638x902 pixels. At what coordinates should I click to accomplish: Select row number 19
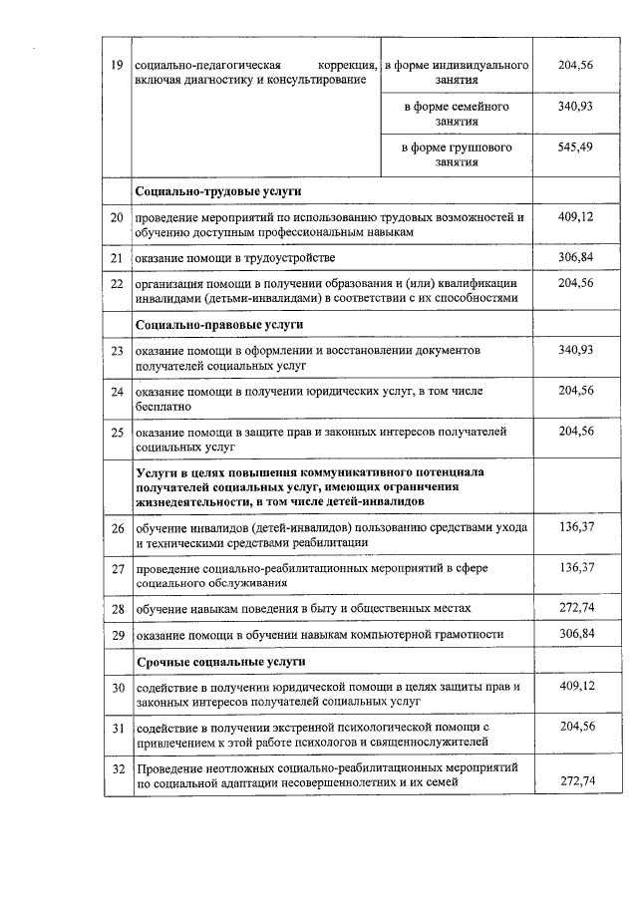click(117, 65)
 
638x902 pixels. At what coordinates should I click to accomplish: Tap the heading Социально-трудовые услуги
click(217, 190)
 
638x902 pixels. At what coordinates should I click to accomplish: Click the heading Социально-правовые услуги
click(219, 325)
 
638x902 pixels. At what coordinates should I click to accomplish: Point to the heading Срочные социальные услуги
click(220, 662)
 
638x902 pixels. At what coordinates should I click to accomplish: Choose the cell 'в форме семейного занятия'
click(456, 113)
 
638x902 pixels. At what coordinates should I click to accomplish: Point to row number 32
click(117, 768)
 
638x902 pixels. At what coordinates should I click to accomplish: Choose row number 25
click(117, 433)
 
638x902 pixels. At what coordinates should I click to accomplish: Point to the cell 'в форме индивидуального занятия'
click(456, 72)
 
